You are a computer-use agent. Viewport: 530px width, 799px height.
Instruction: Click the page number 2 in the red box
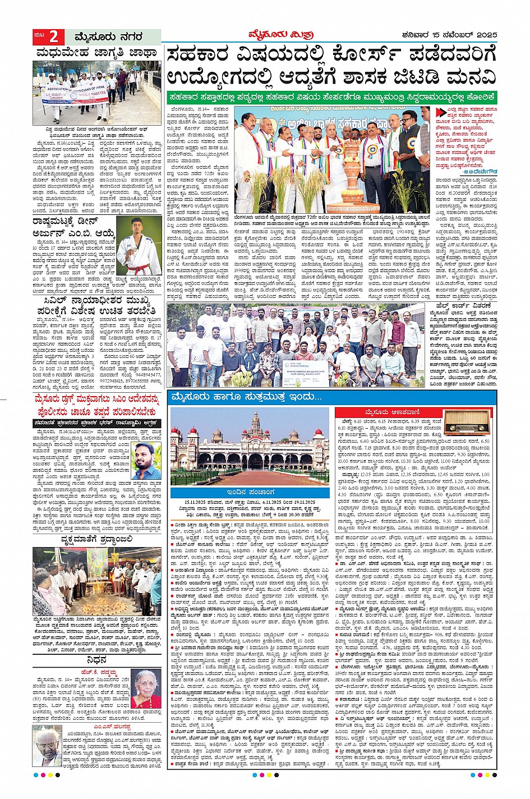[53, 37]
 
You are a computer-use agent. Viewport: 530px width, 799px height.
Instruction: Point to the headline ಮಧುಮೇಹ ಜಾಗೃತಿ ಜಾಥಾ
[96, 53]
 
